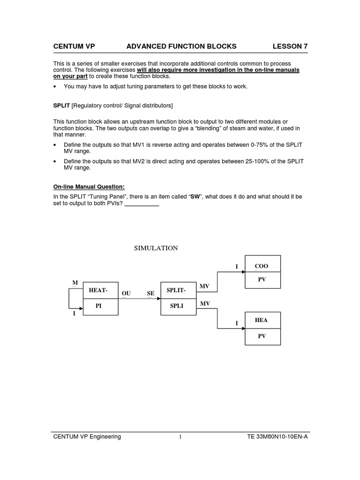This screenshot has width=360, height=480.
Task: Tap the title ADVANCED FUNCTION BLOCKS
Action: (x=181, y=46)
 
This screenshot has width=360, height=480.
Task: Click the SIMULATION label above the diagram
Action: (x=156, y=248)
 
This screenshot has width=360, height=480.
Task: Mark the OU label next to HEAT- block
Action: (x=126, y=293)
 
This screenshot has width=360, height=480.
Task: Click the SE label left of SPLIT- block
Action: (x=150, y=293)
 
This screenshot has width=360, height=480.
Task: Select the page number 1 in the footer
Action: (x=180, y=437)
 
